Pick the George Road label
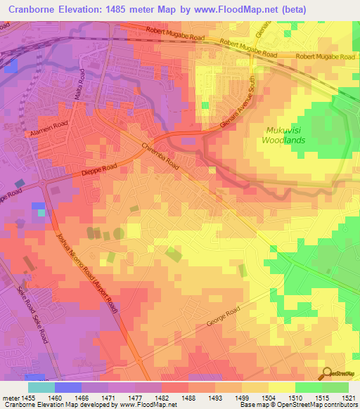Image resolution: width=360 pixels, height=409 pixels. coord(222,318)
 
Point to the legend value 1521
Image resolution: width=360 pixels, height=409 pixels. coord(349,398)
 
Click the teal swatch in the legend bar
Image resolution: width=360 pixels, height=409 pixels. coord(41,387)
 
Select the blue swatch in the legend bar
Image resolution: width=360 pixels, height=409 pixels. coord(68,387)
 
